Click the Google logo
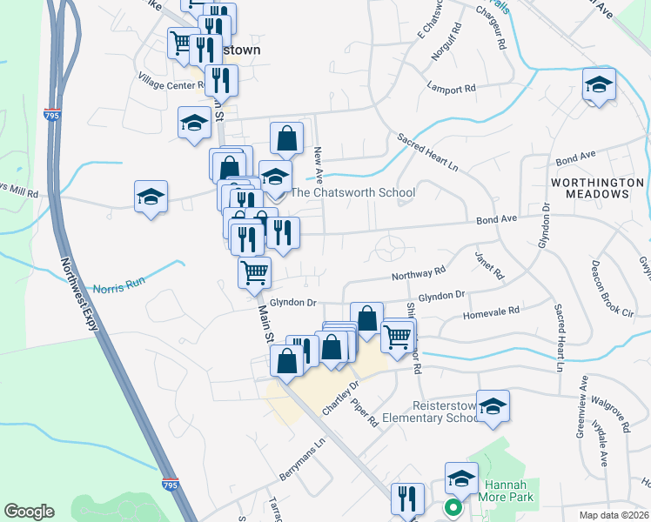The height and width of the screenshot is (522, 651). pos(29,512)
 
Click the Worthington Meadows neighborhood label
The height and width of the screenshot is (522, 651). pos(597,188)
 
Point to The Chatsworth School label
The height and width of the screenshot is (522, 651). pos(352,192)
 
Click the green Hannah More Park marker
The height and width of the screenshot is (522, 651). pos(452,507)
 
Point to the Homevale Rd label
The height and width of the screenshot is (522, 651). pos(490,310)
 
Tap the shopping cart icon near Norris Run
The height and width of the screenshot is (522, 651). pos(254,272)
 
